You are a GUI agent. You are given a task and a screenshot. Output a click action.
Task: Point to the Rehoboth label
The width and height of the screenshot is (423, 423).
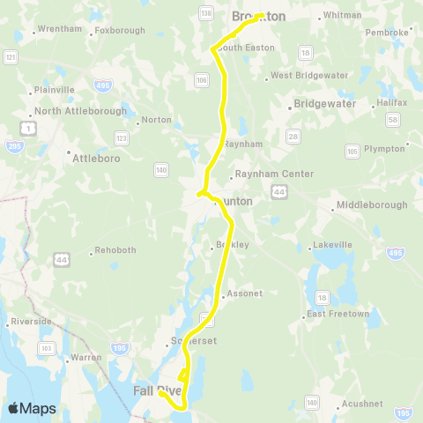click(115, 250)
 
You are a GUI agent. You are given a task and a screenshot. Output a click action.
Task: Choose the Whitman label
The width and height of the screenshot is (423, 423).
click(343, 15)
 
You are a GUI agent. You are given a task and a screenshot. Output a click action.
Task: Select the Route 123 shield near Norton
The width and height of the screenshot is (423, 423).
click(122, 138)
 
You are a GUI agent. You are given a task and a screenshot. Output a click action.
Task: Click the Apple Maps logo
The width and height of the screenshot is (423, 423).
click(32, 408)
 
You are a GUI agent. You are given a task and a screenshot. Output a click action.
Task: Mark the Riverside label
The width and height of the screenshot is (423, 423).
click(33, 322)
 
